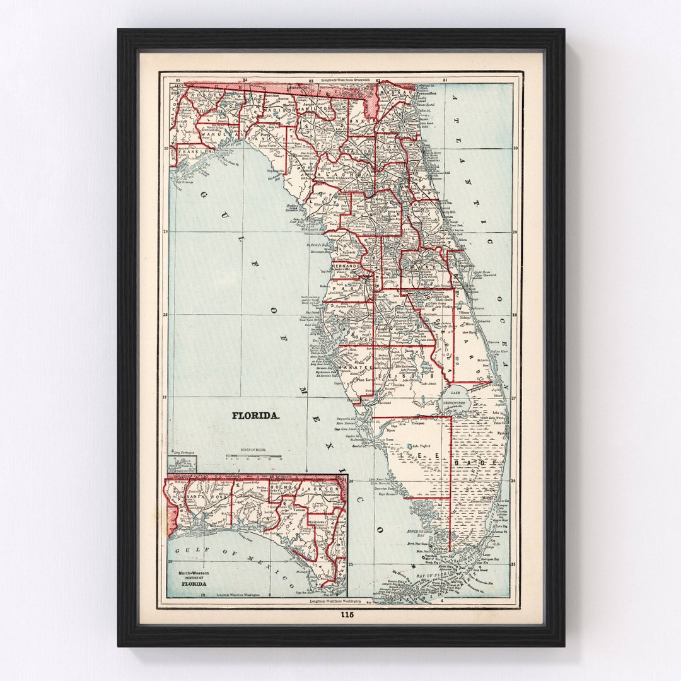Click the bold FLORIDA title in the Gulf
pyautogui.click(x=256, y=416)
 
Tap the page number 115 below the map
pyautogui.click(x=347, y=615)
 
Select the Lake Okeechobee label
pyautogui.click(x=455, y=395)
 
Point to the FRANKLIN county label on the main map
pyautogui.click(x=194, y=152)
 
